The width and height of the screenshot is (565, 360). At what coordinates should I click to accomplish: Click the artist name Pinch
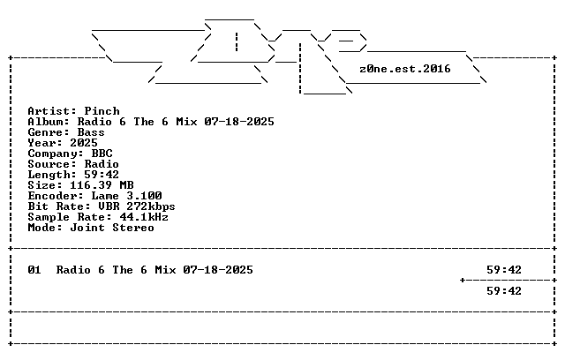click(102, 111)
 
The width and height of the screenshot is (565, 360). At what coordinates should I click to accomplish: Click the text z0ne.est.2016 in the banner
click(405, 69)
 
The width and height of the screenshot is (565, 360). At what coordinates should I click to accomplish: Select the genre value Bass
click(91, 132)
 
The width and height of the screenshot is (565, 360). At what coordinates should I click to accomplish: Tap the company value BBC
click(102, 154)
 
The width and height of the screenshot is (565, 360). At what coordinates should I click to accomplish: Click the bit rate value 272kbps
click(151, 206)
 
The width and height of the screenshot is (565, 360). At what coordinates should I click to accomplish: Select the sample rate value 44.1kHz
click(144, 217)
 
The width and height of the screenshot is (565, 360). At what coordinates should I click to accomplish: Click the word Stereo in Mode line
click(133, 228)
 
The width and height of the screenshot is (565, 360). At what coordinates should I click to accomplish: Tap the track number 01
click(34, 270)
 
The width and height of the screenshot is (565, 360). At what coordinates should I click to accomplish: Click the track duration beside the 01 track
click(504, 270)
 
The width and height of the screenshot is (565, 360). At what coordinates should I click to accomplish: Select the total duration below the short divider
click(504, 291)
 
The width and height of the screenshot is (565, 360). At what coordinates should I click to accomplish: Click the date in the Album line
click(239, 122)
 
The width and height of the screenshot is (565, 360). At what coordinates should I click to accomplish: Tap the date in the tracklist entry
click(218, 270)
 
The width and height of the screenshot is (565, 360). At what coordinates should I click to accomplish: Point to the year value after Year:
click(84, 143)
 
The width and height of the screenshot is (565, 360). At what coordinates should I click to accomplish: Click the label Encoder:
click(56, 196)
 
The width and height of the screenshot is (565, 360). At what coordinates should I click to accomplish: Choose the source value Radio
click(102, 164)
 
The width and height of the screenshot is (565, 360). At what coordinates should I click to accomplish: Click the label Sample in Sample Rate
click(49, 217)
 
